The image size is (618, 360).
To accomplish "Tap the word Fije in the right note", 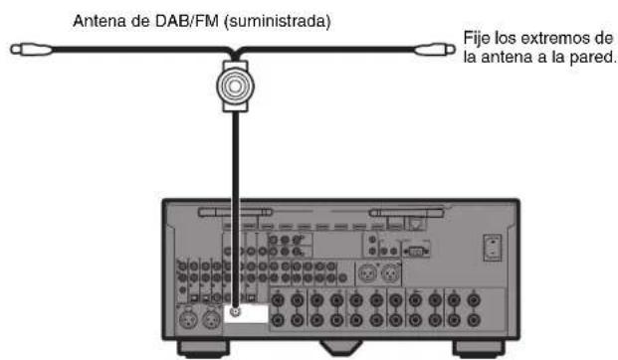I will [x=476, y=38].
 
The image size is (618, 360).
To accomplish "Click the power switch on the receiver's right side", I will [x=491, y=245].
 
